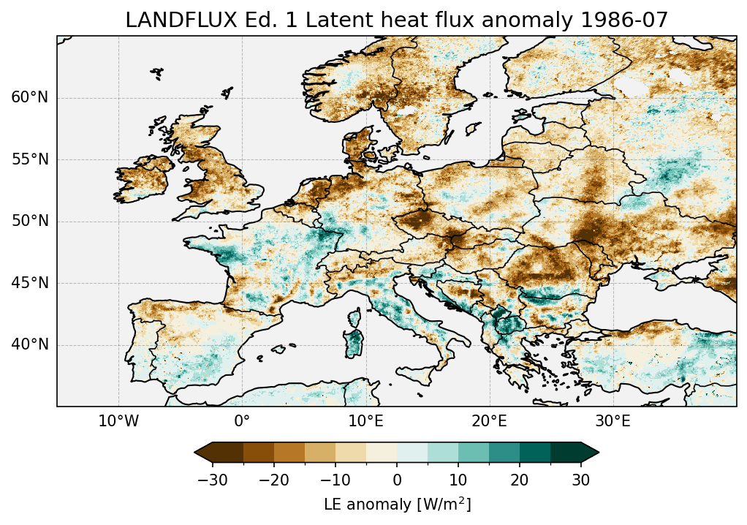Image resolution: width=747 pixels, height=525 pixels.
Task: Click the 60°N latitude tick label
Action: [x=30, y=98]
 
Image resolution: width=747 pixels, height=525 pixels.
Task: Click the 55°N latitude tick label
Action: [x=30, y=159]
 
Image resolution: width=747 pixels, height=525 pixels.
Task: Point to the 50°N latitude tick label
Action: [x=30, y=222]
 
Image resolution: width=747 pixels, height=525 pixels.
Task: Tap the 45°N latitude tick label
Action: [x=30, y=283]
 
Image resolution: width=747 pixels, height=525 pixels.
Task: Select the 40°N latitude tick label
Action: [x=30, y=344]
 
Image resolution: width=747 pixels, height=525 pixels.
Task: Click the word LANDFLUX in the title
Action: [x=166, y=20]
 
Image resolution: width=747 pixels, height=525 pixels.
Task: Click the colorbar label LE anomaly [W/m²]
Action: [x=397, y=505]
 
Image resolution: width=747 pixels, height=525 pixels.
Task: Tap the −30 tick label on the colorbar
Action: [x=212, y=480]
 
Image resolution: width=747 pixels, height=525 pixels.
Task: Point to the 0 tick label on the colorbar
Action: [x=397, y=480]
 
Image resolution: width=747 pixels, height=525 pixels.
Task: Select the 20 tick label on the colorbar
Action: [x=520, y=480]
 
